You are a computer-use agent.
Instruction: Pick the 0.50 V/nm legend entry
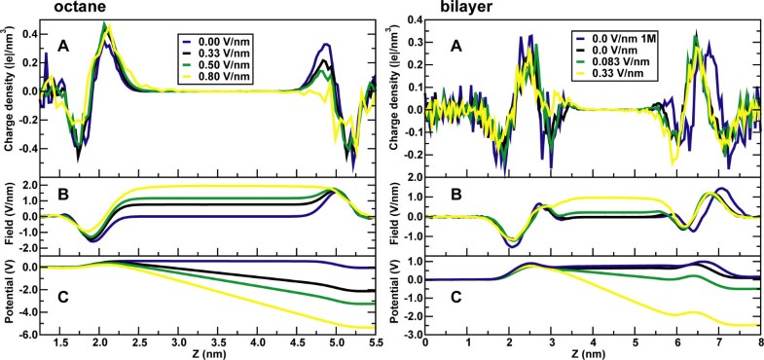click(x=230, y=69)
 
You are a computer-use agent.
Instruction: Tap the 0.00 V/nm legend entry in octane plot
click(x=230, y=42)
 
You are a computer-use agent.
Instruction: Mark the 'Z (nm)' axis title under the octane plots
click(x=206, y=354)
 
